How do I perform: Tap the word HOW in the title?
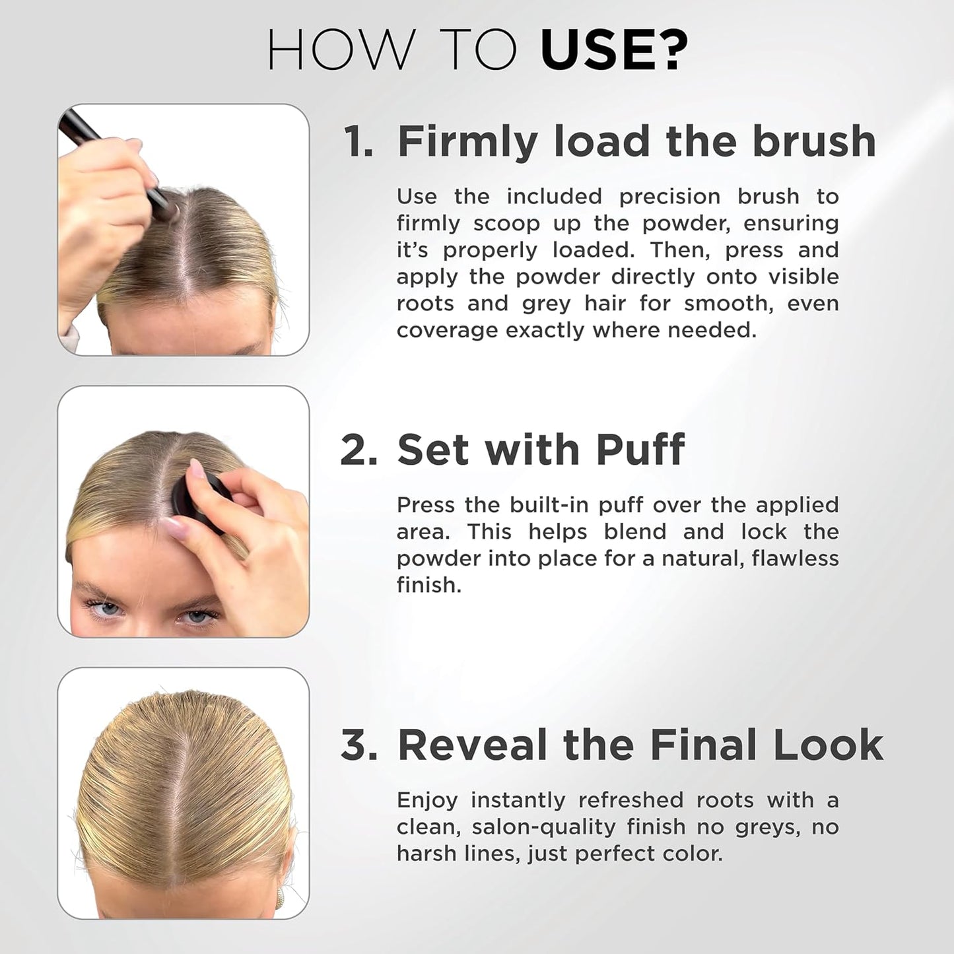(x=340, y=50)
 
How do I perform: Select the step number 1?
(x=358, y=142)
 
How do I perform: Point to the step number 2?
(x=359, y=450)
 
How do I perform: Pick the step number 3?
(x=359, y=745)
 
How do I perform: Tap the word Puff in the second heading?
(x=640, y=450)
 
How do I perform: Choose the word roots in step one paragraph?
(x=426, y=304)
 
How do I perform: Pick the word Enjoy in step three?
(x=426, y=801)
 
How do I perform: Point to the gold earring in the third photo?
(x=280, y=899)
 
